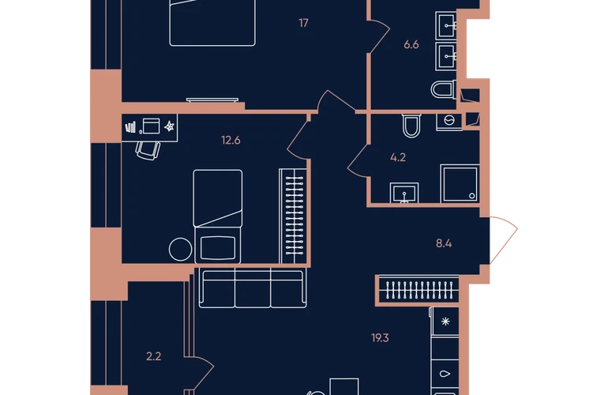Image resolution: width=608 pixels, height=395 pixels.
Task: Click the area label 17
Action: click(304, 23)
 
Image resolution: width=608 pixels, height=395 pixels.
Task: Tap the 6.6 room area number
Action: click(411, 44)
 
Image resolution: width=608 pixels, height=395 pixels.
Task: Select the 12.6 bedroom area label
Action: click(231, 140)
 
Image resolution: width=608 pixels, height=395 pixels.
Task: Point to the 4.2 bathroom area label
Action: click(398, 157)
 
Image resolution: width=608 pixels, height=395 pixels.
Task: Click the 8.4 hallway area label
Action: click(444, 243)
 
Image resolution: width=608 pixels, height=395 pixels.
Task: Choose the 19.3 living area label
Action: click(380, 338)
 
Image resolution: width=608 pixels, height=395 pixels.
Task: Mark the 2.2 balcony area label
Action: click(153, 356)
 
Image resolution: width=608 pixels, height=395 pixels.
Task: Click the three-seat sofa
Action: click(253, 288)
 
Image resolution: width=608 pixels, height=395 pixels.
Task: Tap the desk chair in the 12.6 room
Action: click(148, 150)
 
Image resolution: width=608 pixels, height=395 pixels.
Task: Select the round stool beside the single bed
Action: click(180, 249)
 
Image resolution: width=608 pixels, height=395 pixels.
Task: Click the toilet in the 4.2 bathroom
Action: click(411, 126)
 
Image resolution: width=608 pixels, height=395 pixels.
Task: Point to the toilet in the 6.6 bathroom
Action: click(444, 89)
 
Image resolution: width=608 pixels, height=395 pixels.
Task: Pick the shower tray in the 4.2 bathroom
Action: click(460, 183)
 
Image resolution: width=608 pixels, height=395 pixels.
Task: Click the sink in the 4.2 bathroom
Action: click(404, 193)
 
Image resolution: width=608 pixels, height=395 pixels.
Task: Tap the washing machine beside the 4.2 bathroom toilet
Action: click(449, 122)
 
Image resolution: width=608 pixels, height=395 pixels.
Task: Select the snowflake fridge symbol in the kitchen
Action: click(445, 322)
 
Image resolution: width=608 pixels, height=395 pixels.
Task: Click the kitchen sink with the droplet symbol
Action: click(445, 374)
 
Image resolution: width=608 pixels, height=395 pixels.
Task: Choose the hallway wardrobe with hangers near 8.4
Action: click(418, 290)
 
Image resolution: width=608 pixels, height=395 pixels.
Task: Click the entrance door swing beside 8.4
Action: click(504, 240)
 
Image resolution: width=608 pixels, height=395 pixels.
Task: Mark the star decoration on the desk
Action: click(170, 126)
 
